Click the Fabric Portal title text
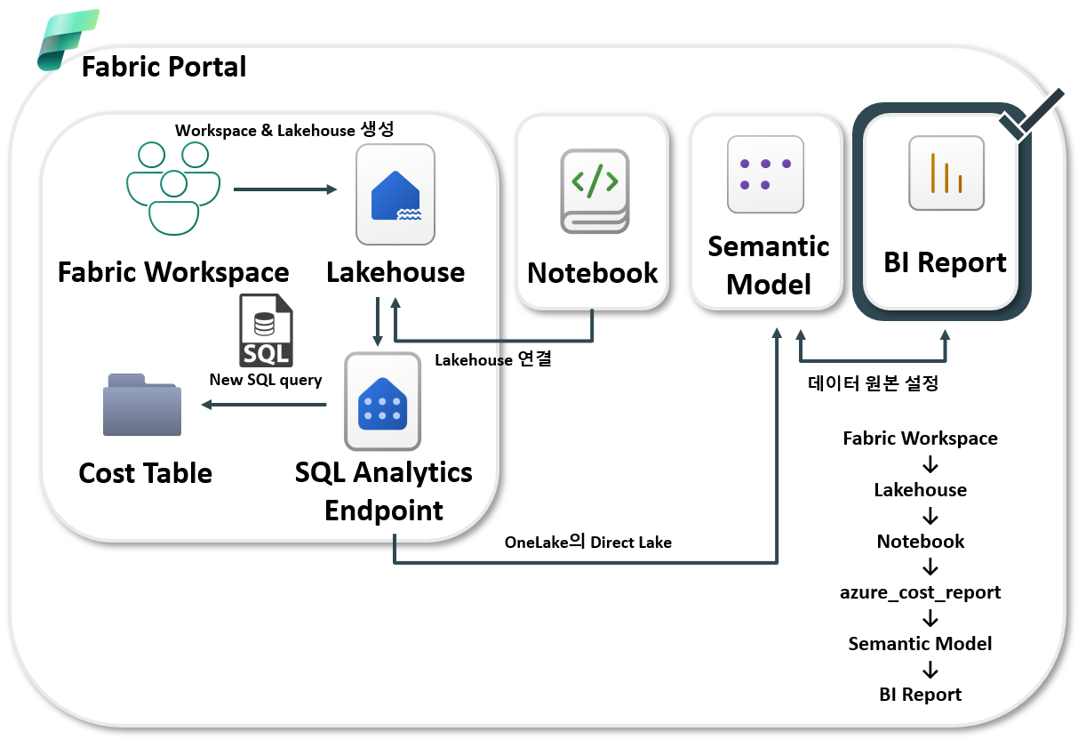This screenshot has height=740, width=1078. (164, 67)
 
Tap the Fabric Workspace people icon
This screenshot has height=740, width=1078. (173, 189)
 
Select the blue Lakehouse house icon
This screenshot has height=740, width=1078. (395, 195)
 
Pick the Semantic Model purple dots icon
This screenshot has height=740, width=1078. (766, 174)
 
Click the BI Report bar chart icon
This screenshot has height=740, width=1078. (946, 173)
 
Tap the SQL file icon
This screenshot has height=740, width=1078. (266, 331)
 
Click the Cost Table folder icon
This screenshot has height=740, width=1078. (142, 405)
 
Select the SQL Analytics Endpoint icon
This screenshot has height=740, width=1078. (383, 401)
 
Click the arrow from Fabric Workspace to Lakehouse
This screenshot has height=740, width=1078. (285, 189)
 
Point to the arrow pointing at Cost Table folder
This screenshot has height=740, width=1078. (264, 405)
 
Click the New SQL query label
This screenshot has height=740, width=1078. (266, 380)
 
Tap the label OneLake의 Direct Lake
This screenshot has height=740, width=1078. (588, 542)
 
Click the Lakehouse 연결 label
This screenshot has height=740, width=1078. (493, 359)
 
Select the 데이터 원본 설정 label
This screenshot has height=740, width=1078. (874, 383)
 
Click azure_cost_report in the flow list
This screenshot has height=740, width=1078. (920, 592)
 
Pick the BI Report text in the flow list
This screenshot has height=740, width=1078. (920, 695)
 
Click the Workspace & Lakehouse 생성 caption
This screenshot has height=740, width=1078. (284, 130)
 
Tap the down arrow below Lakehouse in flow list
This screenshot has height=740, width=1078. (930, 516)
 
